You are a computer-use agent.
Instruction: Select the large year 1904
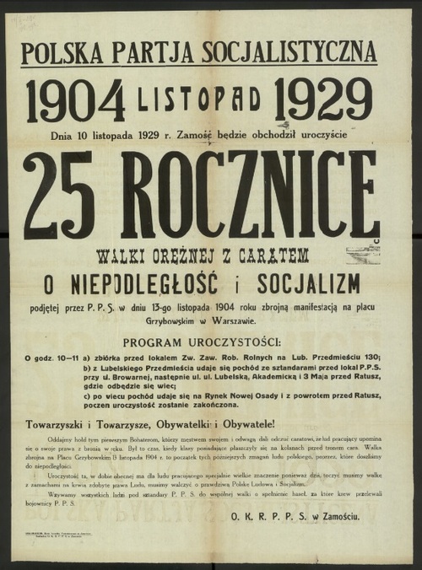pos(76,100)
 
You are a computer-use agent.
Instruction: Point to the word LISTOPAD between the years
pos(199,100)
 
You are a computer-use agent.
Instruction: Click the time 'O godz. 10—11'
pos(51,357)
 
